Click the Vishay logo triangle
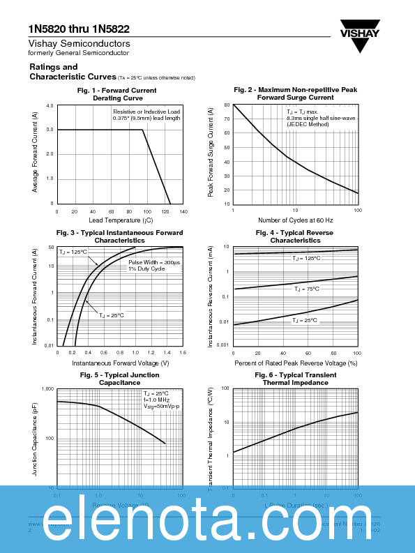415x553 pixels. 360,45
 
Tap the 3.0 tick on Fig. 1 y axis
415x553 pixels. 50,130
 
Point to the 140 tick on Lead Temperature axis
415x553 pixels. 183,211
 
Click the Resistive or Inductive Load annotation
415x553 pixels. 146,112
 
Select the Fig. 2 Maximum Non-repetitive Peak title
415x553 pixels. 295,90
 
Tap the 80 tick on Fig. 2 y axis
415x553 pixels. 227,105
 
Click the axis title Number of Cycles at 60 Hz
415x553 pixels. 295,220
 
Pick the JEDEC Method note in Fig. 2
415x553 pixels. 307,124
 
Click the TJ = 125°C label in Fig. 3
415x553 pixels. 73,252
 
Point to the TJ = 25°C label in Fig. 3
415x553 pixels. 110,315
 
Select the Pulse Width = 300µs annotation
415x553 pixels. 153,262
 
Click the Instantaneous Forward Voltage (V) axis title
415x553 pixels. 120,363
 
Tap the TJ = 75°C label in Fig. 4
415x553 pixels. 306,289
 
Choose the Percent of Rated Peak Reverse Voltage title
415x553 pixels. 296,363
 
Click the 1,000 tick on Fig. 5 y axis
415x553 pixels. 47,388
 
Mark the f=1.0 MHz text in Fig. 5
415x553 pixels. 158,400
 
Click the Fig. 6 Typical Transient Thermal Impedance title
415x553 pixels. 295,379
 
